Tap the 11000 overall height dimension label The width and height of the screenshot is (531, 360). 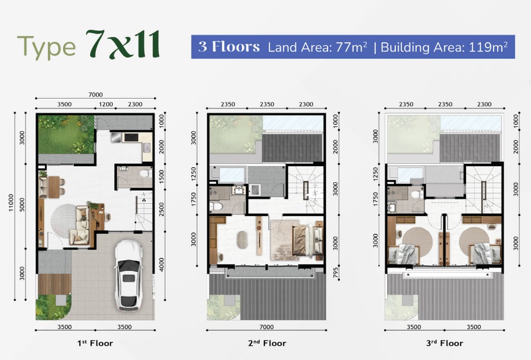(x=11, y=203)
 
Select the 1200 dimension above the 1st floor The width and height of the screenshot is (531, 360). (x=106, y=104)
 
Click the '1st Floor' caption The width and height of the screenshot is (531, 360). (x=95, y=343)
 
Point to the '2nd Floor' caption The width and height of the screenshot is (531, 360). (x=267, y=343)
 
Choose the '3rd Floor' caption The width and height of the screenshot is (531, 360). (x=445, y=343)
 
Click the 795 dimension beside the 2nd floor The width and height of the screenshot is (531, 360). (x=335, y=272)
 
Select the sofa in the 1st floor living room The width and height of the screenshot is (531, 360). (x=80, y=225)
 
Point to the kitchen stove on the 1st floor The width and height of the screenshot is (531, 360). (x=131, y=137)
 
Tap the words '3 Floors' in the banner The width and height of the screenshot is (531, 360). (x=229, y=47)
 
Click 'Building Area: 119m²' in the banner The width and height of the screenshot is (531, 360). (x=444, y=47)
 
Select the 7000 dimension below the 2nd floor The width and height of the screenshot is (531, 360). (x=267, y=327)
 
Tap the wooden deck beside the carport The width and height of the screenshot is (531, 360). (x=55, y=284)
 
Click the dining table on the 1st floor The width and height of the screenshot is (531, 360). (x=54, y=187)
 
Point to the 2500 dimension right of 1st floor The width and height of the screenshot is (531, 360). (x=161, y=209)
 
